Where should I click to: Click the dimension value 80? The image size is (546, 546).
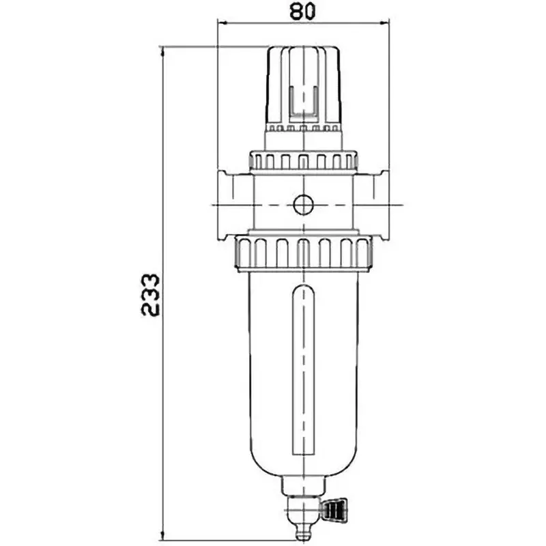[302, 12]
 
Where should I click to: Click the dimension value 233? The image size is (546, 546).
[150, 294]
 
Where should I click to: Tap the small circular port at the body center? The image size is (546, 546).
[302, 203]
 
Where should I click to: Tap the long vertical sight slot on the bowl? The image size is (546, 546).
[302, 372]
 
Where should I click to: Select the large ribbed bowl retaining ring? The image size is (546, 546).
[302, 253]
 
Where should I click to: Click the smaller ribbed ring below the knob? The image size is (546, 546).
[302, 161]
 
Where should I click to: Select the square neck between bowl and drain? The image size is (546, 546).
[302, 486]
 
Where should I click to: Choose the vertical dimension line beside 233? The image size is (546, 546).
[164, 409]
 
